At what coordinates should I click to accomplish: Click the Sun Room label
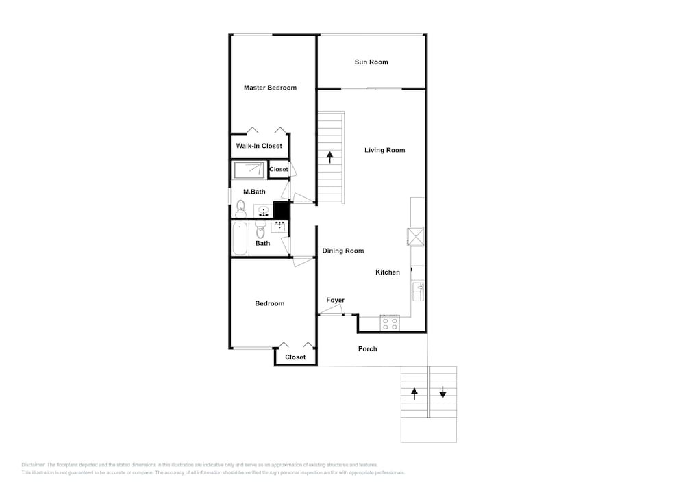coord(371,62)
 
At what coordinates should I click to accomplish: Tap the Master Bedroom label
coord(270,88)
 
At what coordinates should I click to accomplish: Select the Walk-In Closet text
coord(259,146)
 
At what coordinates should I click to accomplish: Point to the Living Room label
coord(384,150)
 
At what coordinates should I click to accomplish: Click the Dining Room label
coord(343,251)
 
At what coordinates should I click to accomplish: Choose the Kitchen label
coord(388,272)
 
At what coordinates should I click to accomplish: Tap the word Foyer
coord(335,301)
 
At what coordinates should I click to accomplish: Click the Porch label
coord(367,348)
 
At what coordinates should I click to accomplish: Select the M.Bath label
coord(254,192)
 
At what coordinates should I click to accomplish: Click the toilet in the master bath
coord(240,209)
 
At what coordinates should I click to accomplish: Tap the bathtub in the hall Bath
coord(239,238)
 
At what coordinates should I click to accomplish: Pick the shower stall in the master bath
coord(249,170)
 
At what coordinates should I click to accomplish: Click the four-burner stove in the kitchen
coord(390,323)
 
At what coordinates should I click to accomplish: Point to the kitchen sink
coord(418,292)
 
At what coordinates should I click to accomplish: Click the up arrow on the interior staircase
coord(329,157)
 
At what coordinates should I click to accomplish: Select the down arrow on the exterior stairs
coord(443,392)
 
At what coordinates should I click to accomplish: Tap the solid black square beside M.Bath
coord(282,210)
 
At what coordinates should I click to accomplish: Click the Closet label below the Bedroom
coord(295,357)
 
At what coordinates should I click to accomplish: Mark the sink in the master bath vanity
coord(264,212)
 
